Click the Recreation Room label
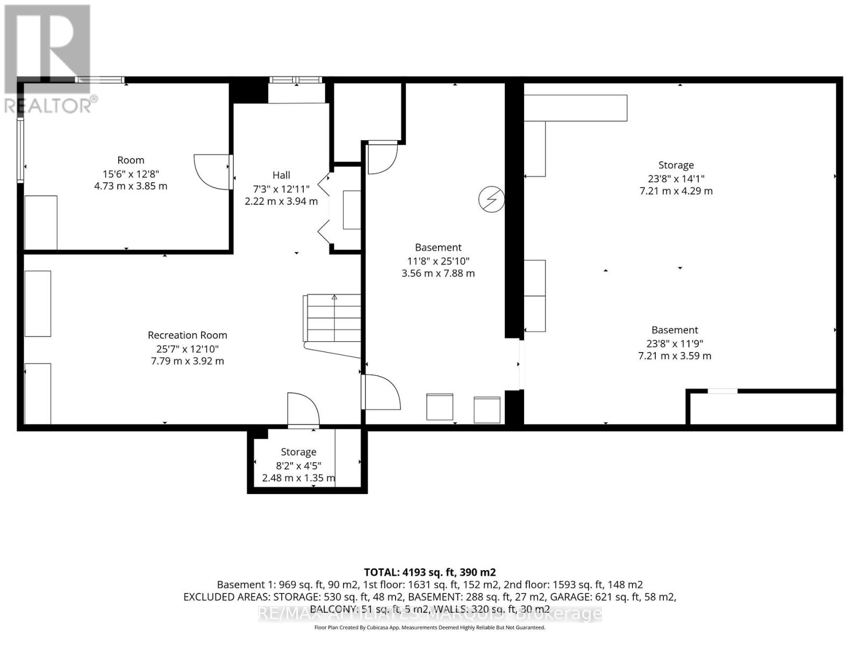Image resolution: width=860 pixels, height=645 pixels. click(187, 335)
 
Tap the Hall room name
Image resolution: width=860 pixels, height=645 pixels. click(281, 175)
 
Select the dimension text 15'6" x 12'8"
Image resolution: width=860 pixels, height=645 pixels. click(131, 174)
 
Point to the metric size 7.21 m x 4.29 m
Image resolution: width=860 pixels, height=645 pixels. click(676, 191)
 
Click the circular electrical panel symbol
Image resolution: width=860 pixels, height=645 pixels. click(491, 200)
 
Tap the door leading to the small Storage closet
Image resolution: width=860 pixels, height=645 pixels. click(303, 409)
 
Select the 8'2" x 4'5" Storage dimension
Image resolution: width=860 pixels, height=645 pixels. click(298, 465)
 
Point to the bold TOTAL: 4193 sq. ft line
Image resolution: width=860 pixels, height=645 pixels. click(430, 572)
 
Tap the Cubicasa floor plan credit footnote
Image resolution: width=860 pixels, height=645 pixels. click(430, 627)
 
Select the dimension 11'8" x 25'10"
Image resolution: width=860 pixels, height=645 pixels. click(438, 261)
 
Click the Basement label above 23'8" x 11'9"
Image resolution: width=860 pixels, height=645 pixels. click(675, 329)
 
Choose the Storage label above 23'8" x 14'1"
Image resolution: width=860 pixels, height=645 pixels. click(676, 165)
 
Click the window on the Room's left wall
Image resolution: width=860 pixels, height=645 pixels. click(20, 150)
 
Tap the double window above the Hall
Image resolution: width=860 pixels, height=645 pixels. click(296, 80)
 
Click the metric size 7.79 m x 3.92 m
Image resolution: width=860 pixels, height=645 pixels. click(187, 361)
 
